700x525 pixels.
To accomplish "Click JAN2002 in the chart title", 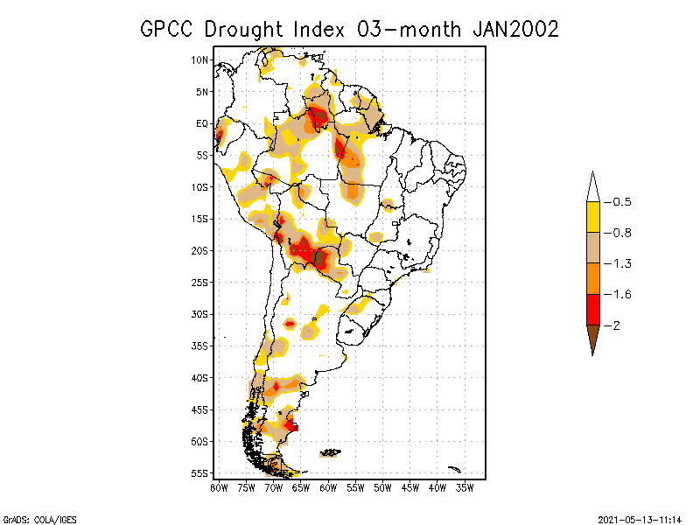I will click(515, 29).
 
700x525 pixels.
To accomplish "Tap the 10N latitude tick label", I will click(200, 59).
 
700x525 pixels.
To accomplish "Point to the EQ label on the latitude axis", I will click(202, 123).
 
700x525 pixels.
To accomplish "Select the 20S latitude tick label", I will click(200, 250).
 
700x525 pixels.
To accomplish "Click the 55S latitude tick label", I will click(200, 472).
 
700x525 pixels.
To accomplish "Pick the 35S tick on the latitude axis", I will click(200, 346).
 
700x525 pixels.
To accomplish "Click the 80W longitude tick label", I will click(219, 487).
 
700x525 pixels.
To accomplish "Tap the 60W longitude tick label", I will click(328, 487).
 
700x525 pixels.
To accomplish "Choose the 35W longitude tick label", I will click(465, 487).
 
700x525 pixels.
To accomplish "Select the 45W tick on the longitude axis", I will click(410, 487).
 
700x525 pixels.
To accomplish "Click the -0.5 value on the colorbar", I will click(622, 202).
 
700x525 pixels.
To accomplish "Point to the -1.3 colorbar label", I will click(622, 263).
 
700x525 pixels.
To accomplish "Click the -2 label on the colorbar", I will click(617, 325).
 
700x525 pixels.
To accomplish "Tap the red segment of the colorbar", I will click(592, 310).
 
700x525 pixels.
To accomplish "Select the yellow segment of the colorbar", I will click(592, 217).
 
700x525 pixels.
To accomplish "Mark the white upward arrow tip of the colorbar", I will click(592, 186).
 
